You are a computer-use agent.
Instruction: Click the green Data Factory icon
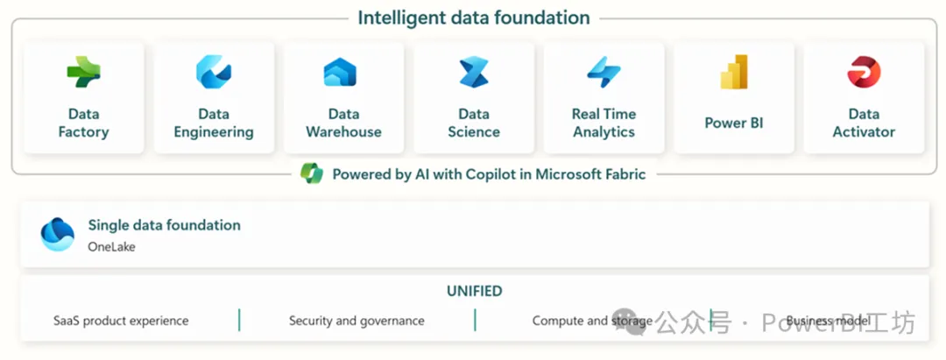(83, 72)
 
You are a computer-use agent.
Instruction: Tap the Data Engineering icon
(214, 72)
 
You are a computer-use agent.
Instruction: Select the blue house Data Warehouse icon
(340, 72)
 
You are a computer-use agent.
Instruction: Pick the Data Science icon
(474, 73)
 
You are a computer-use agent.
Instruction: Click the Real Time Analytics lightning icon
(604, 72)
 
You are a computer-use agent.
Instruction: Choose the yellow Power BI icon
(734, 72)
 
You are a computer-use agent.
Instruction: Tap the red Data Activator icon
(864, 72)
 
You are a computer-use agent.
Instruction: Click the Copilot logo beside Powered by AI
(312, 173)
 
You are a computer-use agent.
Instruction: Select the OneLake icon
(57, 234)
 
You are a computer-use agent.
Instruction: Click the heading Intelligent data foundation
(474, 18)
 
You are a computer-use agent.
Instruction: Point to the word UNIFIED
(474, 292)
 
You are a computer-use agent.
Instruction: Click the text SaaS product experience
(121, 321)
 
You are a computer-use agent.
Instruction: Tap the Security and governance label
(357, 321)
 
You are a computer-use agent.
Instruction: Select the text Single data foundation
(164, 225)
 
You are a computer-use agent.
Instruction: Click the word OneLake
(111, 247)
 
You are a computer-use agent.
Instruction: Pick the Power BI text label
(734, 123)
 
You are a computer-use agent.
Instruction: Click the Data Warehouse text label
(343, 123)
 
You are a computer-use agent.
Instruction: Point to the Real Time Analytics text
(604, 123)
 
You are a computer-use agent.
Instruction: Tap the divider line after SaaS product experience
(239, 320)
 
